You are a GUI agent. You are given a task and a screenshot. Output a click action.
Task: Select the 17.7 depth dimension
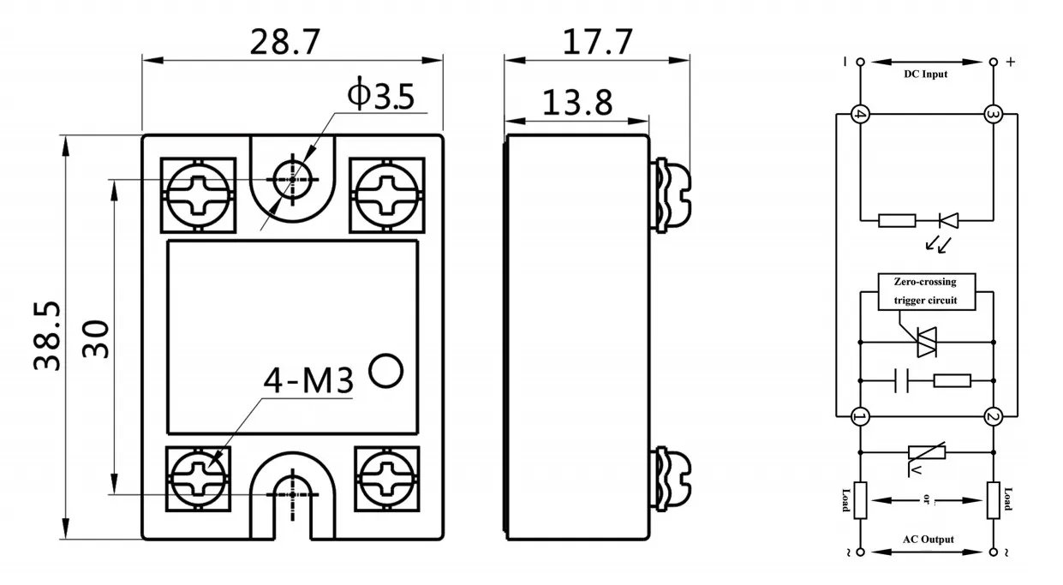pyautogui.click(x=597, y=42)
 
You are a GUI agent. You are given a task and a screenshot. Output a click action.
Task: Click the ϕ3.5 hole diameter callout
pyautogui.click(x=380, y=96)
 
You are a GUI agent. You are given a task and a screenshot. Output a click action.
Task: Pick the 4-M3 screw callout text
pyautogui.click(x=308, y=382)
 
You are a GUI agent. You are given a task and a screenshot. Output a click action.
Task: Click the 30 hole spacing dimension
pyautogui.click(x=96, y=338)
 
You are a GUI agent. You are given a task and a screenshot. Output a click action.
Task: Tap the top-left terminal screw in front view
pyautogui.click(x=199, y=194)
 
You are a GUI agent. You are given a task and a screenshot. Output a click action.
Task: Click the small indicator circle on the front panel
pyautogui.click(x=385, y=371)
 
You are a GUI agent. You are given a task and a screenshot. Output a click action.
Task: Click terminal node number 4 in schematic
pyautogui.click(x=859, y=114)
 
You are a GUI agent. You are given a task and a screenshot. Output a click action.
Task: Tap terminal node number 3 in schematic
pyautogui.click(x=994, y=114)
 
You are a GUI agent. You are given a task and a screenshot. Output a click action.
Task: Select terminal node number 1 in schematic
pyautogui.click(x=859, y=417)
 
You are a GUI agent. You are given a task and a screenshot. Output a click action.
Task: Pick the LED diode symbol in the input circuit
pyautogui.click(x=946, y=220)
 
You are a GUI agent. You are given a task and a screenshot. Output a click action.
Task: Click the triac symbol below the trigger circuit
pyautogui.click(x=927, y=341)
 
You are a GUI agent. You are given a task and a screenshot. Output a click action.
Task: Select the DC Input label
pyautogui.click(x=926, y=75)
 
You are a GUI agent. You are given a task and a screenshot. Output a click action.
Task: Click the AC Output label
pyautogui.click(x=928, y=540)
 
